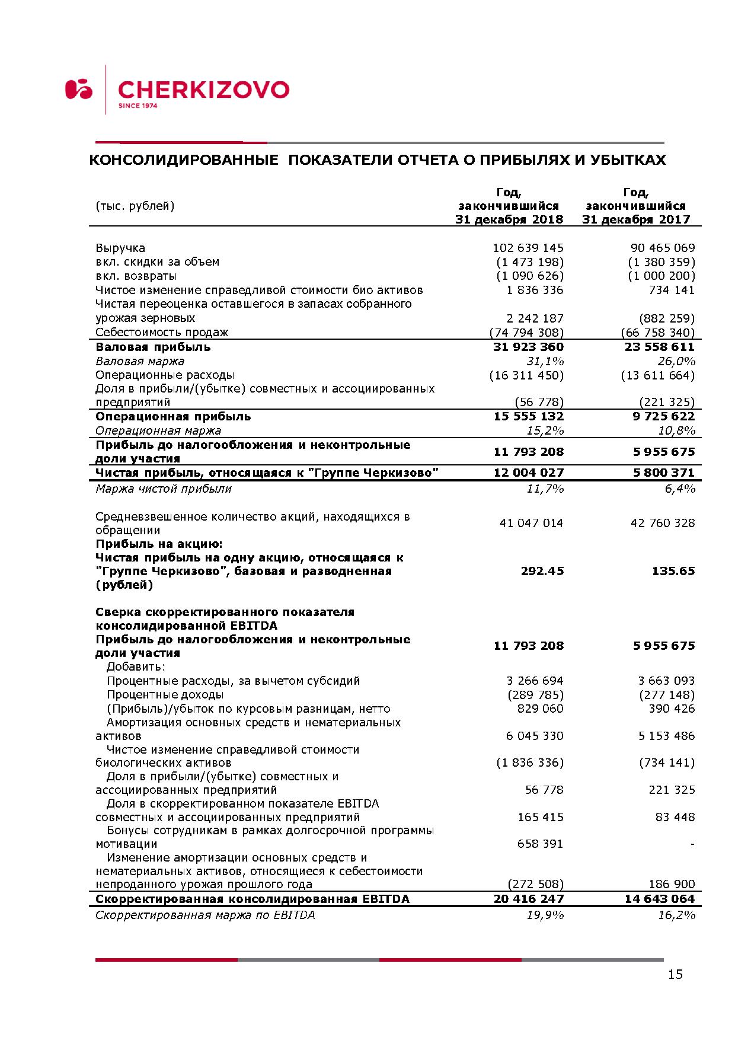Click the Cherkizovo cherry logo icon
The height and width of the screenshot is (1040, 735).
78,89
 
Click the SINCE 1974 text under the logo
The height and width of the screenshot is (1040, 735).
138,106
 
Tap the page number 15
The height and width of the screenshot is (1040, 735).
675,974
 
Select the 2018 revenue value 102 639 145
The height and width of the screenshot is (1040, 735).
528,248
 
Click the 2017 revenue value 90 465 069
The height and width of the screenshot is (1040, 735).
663,248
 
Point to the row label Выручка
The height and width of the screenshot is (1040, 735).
120,248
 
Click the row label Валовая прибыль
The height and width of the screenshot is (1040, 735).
153,347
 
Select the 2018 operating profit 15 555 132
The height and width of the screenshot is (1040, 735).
528,416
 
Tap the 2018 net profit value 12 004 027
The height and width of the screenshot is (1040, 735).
528,473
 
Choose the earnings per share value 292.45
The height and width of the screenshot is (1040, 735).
542,571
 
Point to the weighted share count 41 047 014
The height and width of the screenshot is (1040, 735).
531,523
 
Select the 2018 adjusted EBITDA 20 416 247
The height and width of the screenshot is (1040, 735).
528,899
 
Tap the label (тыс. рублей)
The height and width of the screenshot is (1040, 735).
135,206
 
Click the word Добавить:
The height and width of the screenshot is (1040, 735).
136,667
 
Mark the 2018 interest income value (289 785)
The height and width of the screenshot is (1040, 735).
535,694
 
